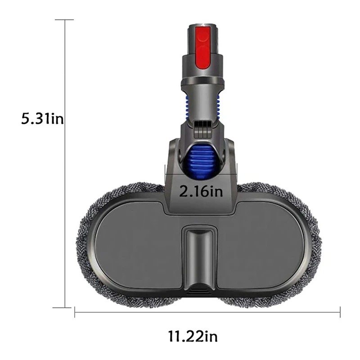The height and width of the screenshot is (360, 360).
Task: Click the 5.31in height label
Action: coord(43,120)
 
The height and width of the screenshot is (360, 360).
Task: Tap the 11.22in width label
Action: coord(193,336)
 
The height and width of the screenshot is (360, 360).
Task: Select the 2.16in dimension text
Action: coord(201,192)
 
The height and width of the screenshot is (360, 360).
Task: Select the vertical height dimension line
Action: coord(66,180)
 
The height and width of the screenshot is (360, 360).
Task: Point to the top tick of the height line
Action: coord(66,20)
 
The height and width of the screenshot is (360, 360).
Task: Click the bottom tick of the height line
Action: coord(66,308)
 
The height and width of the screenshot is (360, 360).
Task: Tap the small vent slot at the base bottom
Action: coord(199,291)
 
